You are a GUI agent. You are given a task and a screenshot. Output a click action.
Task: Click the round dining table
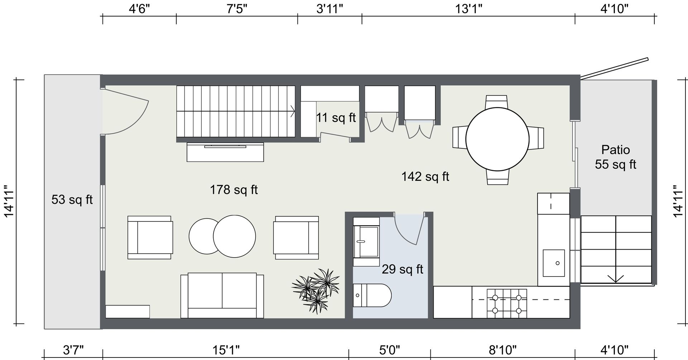pos(497,139)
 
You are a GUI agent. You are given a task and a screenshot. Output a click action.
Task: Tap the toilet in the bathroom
pos(372,296)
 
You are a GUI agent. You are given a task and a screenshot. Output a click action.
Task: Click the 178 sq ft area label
pos(234,189)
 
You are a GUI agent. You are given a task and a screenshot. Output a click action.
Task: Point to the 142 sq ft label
pos(425,176)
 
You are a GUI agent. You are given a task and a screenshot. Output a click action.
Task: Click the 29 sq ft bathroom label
pos(402,269)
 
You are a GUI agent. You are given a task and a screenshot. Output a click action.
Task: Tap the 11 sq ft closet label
pos(336,117)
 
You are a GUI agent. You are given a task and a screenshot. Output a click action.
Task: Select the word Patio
pos(616,149)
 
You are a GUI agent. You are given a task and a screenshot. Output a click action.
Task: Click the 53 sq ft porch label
pos(72,199)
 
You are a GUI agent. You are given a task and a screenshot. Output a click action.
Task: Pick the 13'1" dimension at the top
pos(469,9)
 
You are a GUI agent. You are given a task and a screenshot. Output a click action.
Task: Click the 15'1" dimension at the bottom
pos(226,350)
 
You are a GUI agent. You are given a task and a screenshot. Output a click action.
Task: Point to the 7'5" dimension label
pos(237,9)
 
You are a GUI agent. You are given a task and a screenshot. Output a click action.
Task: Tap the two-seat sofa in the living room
pos(222,296)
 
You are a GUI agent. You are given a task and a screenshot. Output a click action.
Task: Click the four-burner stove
pos(507,303)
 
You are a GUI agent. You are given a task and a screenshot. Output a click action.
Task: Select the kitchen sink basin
pos(554,263)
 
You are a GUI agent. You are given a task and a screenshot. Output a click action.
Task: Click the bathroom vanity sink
pos(366,241)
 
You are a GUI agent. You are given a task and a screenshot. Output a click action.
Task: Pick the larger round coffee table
pos(234,236)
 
